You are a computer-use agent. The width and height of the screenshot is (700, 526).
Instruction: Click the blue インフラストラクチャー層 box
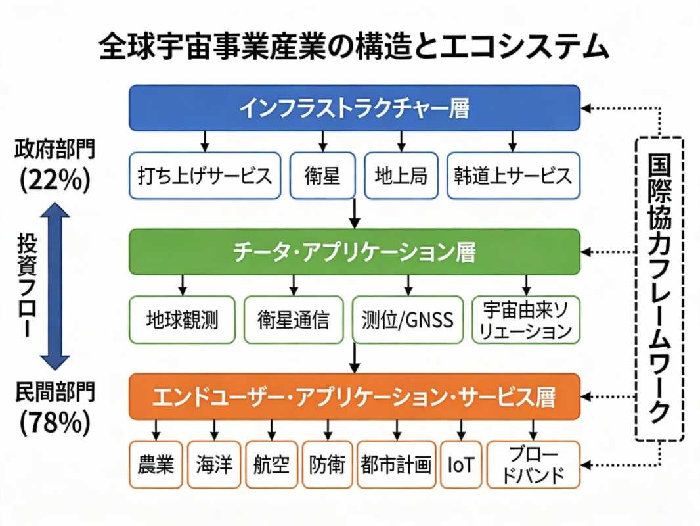tap(355, 108)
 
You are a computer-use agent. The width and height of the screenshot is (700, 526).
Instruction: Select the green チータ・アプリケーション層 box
tap(355, 252)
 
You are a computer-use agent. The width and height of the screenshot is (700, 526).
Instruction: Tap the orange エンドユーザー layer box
tap(355, 396)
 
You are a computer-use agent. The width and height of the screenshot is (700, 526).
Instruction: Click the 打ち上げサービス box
tap(205, 176)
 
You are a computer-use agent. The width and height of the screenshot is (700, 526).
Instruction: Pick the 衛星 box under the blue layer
tap(322, 176)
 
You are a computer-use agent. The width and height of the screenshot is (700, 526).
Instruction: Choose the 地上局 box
tap(401, 176)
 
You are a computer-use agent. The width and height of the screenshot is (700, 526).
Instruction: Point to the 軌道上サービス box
tap(514, 176)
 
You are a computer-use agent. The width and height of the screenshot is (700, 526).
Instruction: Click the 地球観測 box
tap(182, 320)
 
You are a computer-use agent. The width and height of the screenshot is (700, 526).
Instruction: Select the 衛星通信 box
tap(294, 320)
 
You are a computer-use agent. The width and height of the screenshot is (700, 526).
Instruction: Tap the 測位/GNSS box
tap(408, 320)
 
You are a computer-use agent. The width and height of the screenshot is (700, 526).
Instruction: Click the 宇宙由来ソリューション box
tap(526, 320)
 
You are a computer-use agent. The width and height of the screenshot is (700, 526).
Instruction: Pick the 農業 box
tap(156, 465)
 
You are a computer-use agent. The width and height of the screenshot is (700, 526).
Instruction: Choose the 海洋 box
tap(213, 465)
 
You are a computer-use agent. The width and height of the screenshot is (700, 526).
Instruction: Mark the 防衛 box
tap(327, 465)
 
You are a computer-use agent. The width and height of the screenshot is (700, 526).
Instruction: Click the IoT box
tap(460, 465)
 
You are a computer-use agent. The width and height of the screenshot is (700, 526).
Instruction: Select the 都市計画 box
tap(396, 465)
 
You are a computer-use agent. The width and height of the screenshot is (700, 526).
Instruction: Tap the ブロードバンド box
tap(533, 465)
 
